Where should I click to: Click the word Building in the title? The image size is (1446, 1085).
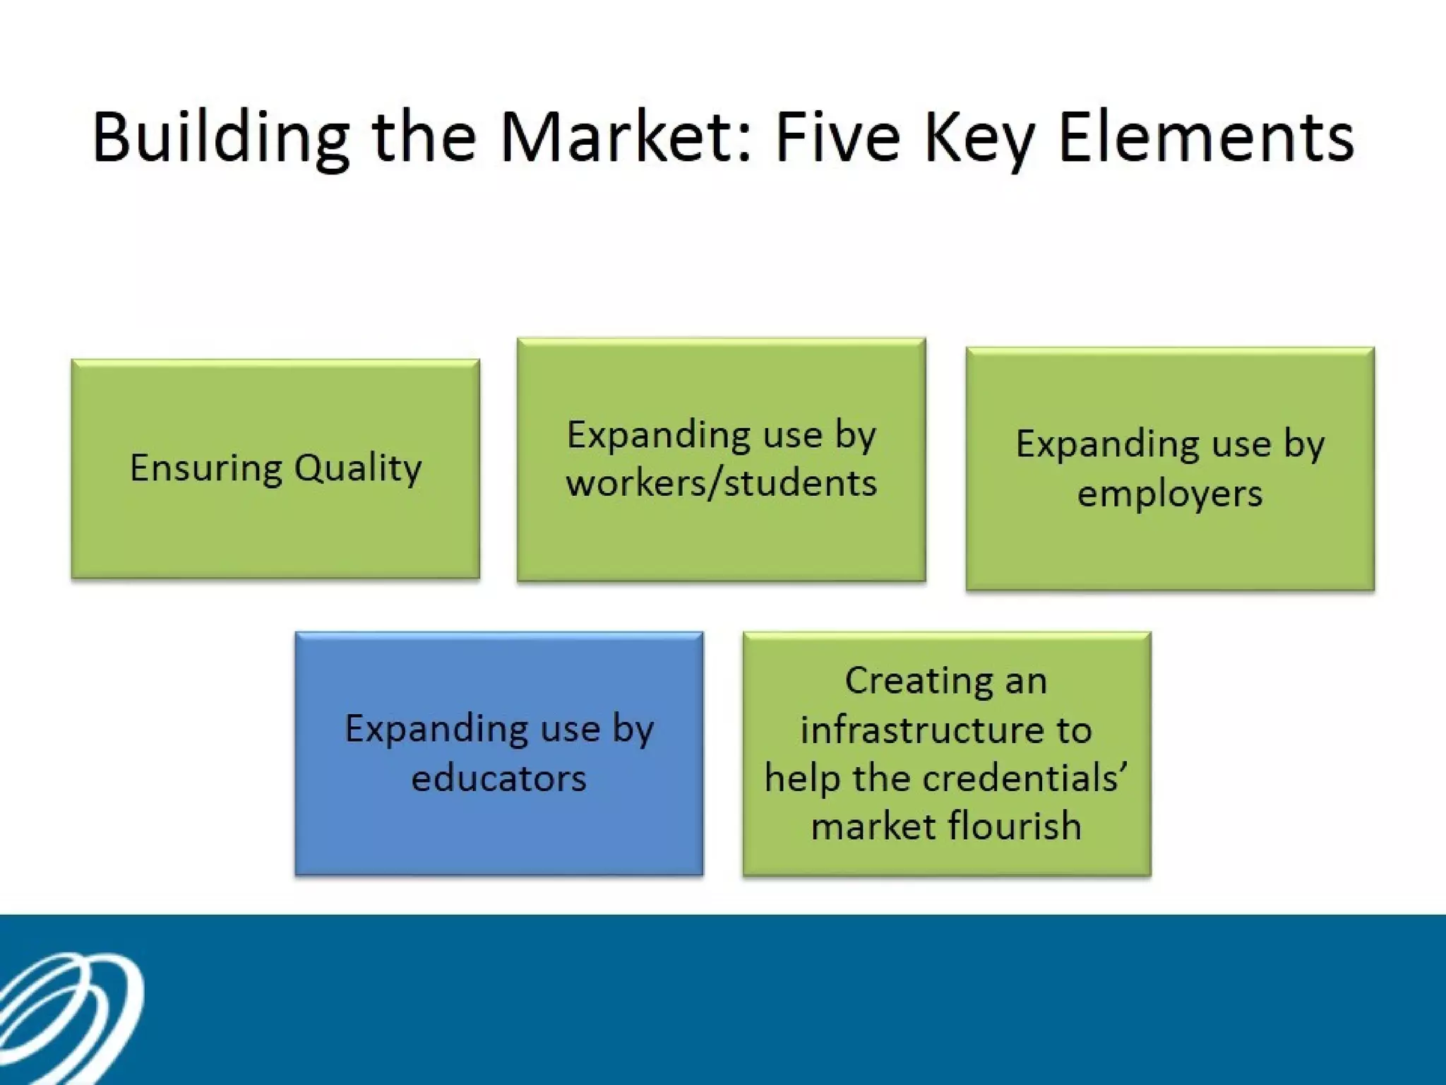(x=220, y=138)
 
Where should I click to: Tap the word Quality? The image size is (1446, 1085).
(x=358, y=468)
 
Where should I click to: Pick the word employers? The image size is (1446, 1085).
(x=1169, y=493)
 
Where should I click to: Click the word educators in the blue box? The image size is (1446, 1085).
(x=498, y=778)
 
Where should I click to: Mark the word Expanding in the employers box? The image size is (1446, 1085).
(x=1108, y=445)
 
